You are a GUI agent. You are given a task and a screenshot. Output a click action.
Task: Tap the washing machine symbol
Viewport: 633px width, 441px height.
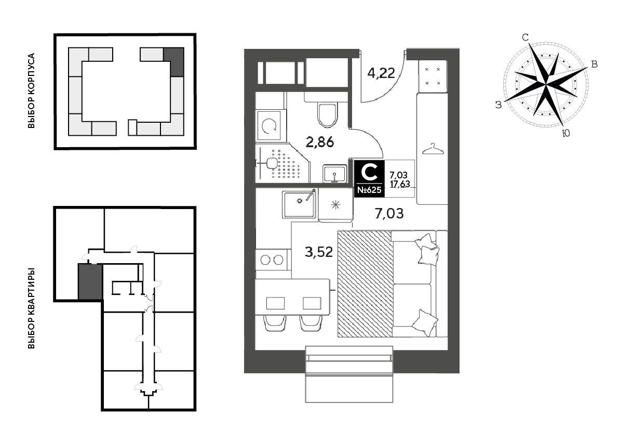coord(271,126)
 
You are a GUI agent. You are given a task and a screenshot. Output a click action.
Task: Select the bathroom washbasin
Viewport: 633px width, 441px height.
coord(335,174)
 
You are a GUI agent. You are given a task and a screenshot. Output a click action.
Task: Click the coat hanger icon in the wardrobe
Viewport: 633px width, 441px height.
coord(433,149)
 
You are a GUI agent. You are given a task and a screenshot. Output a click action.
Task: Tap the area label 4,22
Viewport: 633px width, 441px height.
coord(381,73)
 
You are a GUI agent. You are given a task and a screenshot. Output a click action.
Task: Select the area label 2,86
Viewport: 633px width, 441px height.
coord(319,142)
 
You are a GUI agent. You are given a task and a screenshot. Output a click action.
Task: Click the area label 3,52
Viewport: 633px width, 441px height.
coord(319,252)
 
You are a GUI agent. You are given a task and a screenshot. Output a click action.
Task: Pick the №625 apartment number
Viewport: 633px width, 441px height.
coord(369,190)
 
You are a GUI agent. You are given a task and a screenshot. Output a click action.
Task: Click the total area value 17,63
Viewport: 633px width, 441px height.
coord(400,184)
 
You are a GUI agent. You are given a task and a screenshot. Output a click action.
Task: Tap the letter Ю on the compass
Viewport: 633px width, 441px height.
coord(565,133)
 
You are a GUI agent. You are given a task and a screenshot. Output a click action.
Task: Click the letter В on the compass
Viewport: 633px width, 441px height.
coord(595,64)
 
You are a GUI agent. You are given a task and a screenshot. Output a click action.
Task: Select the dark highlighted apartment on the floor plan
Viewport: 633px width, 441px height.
coord(90,282)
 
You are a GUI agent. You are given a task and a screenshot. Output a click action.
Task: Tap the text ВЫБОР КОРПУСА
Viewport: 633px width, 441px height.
coord(31,90)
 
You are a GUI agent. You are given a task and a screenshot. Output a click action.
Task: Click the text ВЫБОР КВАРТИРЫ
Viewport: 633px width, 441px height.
coord(31,308)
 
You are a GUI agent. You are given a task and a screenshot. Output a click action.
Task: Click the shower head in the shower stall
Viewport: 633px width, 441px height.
coord(272,163)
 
